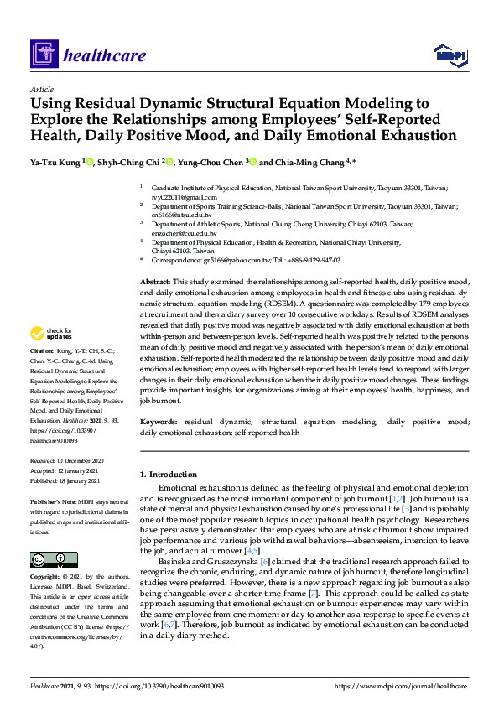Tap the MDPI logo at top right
click(x=450, y=55)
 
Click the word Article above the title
click(x=41, y=89)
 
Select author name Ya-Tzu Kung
click(x=55, y=163)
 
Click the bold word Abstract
click(x=155, y=282)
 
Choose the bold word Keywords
click(x=159, y=422)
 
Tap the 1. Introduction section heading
click(x=169, y=475)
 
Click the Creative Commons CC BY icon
click(x=48, y=559)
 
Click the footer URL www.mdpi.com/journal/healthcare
click(x=401, y=686)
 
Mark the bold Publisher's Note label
click(x=53, y=501)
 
